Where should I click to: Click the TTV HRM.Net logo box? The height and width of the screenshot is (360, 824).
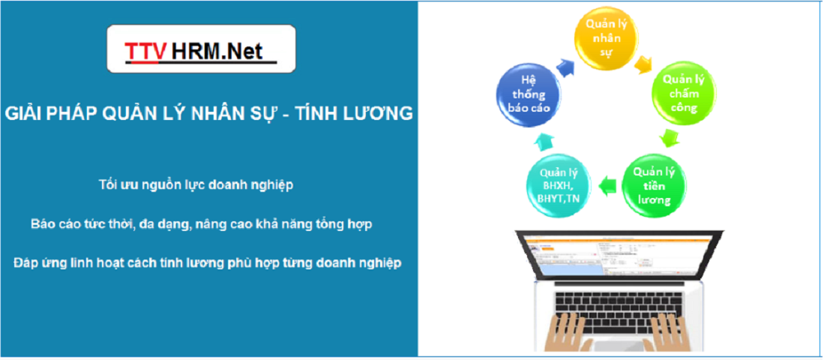click(x=201, y=48)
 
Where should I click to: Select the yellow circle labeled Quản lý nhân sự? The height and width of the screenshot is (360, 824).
click(x=606, y=37)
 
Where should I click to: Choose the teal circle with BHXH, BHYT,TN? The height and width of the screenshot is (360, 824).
click(x=559, y=185)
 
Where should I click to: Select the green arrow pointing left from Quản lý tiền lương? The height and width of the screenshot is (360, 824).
click(x=607, y=184)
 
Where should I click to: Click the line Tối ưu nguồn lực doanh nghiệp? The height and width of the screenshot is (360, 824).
click(x=196, y=185)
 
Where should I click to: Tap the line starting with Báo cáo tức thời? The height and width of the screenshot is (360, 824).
click(x=202, y=224)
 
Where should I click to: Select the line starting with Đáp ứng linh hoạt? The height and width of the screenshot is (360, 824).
click(x=208, y=262)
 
